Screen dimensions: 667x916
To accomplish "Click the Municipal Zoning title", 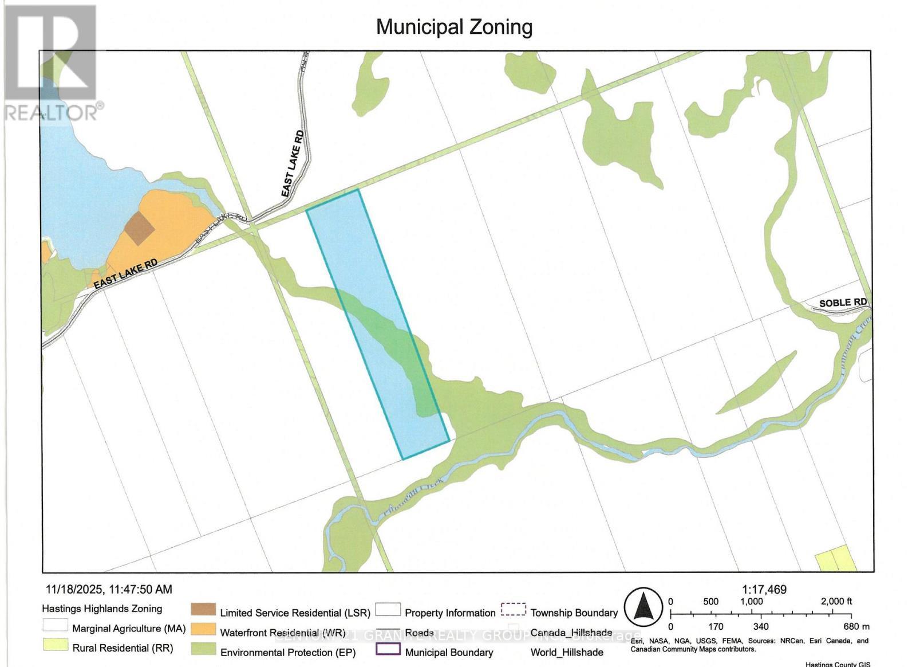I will coord(454,27).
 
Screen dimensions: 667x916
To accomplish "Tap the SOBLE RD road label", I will coord(842,303).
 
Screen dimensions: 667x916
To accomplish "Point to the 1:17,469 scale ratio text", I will coord(764,589).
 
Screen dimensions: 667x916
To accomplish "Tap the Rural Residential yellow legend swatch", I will coord(55,645).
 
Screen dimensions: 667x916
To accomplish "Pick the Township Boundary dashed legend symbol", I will coord(513,609).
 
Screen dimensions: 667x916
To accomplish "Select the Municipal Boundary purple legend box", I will coord(388,649).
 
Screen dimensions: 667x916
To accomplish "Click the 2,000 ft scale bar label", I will coord(836,601).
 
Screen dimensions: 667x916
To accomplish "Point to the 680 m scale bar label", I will coord(856,626).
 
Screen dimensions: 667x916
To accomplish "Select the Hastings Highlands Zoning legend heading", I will coord(102,609).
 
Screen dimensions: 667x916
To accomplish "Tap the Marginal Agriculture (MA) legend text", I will coord(129,629).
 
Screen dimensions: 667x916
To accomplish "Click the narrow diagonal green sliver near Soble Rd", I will coord(757,382).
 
